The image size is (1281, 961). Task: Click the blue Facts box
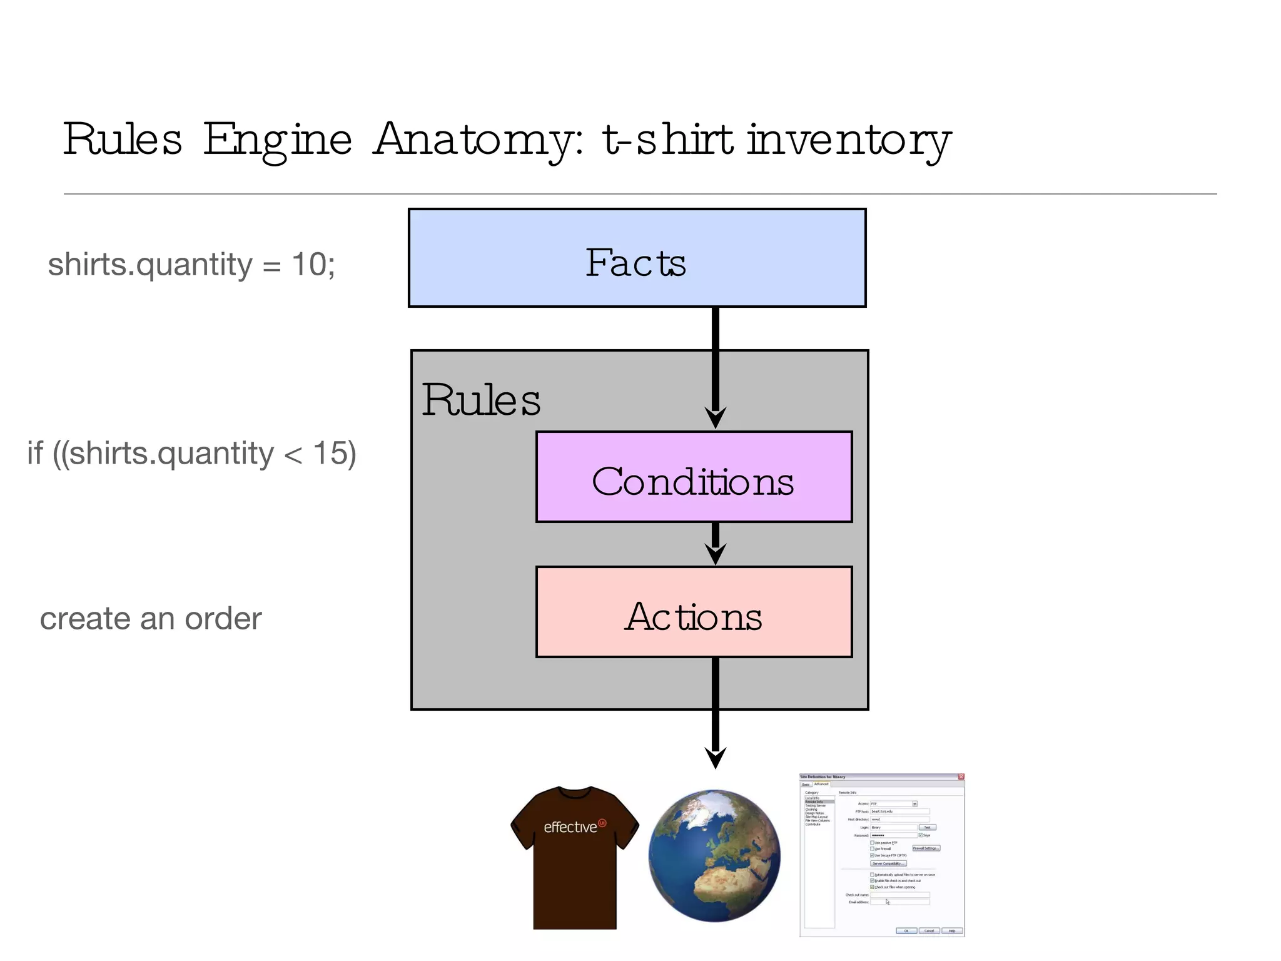(x=637, y=258)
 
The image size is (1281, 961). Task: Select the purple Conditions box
(x=694, y=477)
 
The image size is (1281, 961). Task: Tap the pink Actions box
(x=694, y=612)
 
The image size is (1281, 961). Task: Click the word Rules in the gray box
(x=481, y=400)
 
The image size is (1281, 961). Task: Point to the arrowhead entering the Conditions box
(x=716, y=417)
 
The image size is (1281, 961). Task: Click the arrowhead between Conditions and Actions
(x=716, y=553)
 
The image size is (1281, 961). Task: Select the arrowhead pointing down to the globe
(x=716, y=757)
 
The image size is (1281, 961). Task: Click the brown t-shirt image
(x=574, y=857)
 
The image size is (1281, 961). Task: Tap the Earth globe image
(x=714, y=855)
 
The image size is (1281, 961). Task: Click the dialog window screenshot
(x=882, y=855)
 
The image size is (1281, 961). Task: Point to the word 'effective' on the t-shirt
(x=570, y=827)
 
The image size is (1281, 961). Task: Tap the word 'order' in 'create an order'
(x=223, y=619)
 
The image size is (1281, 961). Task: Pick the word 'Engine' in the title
(x=277, y=139)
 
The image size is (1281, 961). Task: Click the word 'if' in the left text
(x=35, y=453)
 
